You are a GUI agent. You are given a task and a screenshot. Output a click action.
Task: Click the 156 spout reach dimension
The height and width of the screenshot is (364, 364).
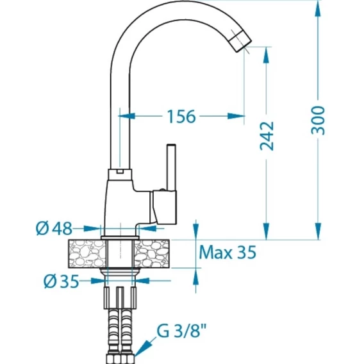181,116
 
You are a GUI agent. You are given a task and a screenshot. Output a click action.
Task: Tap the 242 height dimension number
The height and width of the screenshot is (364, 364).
267,136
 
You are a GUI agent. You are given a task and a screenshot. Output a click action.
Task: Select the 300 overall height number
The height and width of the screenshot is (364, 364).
318,120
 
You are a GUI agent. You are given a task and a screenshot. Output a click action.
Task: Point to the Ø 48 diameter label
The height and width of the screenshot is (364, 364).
54,228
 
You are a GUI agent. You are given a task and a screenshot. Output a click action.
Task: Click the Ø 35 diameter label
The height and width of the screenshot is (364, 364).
62,281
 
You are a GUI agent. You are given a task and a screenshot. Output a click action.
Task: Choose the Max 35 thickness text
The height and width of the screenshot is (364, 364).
227,252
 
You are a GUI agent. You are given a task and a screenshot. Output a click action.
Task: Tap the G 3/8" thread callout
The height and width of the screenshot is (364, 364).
181,331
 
